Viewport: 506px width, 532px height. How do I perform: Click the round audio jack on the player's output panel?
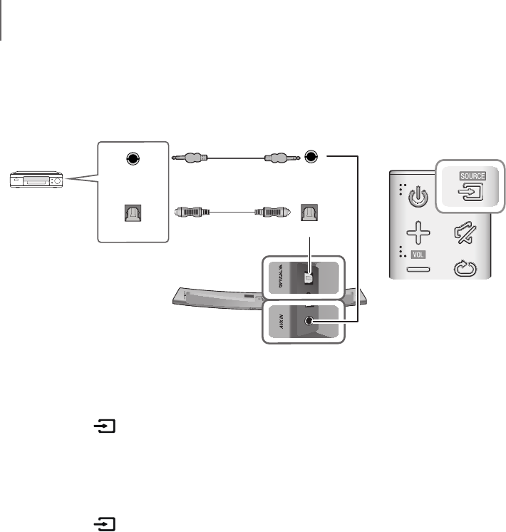click(131, 159)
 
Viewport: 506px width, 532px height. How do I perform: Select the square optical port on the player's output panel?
click(131, 213)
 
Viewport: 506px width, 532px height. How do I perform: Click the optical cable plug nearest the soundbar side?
click(274, 212)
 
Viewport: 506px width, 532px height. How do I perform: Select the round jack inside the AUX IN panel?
click(308, 321)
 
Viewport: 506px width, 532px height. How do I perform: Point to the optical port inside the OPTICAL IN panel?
click(309, 273)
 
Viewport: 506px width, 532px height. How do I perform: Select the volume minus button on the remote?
click(419, 270)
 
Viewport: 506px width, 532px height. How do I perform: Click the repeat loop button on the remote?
click(468, 270)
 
